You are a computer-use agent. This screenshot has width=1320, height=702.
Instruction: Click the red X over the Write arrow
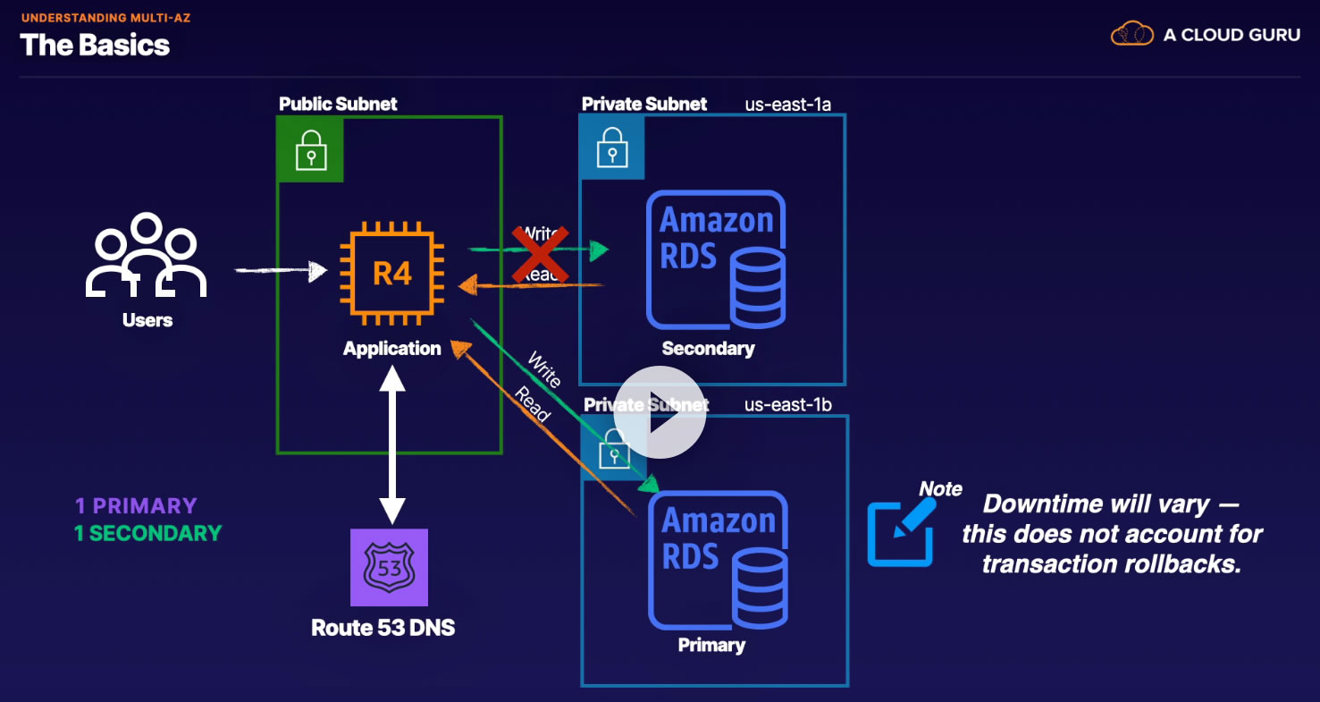(540, 253)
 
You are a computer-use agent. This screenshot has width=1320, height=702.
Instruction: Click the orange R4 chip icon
(392, 271)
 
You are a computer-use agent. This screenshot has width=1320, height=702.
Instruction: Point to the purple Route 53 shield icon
(389, 567)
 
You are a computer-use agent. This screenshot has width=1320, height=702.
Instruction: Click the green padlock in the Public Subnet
(310, 149)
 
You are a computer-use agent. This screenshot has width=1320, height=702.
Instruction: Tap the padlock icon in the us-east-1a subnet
(611, 148)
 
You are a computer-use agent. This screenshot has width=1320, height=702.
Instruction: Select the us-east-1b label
(787, 404)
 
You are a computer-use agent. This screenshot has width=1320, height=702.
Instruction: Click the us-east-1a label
(787, 105)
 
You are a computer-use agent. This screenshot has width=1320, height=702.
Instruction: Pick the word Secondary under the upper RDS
(708, 349)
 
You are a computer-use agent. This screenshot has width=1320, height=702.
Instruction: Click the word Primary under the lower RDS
(711, 645)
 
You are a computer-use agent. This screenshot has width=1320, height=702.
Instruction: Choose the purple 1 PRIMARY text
(136, 505)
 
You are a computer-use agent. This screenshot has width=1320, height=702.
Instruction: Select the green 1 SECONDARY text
(147, 533)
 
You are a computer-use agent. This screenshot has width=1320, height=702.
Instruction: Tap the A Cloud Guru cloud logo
(1132, 35)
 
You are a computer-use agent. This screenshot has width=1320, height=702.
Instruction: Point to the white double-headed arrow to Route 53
(391, 444)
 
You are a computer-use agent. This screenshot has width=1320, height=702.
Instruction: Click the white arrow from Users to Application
(281, 268)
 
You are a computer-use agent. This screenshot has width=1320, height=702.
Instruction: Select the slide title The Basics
(95, 45)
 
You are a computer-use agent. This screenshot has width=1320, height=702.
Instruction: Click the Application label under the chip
(392, 349)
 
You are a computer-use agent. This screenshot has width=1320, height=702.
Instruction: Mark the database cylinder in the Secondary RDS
(758, 286)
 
